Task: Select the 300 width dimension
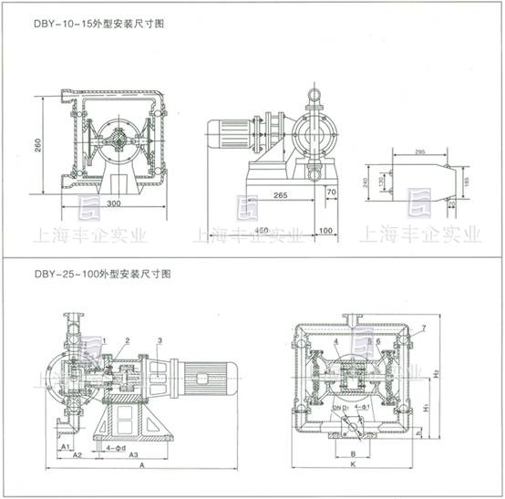[113, 202]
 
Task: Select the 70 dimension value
[332, 192]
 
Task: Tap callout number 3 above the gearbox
[160, 340]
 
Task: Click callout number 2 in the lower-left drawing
[127, 340]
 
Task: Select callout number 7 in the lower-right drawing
[423, 327]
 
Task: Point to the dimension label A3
[131, 453]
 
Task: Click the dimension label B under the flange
[353, 451]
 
